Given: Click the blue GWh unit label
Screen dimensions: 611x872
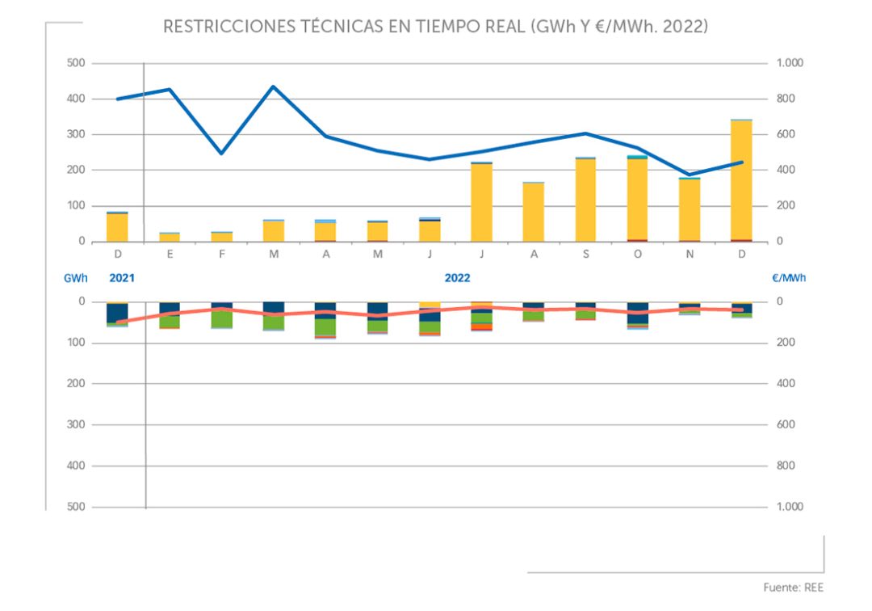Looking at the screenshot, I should [75, 277].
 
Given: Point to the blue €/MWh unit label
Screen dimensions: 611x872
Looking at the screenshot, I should [788, 277].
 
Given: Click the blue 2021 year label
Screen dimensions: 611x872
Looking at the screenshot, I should [121, 277].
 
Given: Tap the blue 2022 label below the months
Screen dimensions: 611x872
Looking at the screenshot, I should [457, 277].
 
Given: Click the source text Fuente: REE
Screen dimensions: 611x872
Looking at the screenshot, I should [794, 588].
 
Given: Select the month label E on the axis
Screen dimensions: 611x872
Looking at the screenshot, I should [170, 254].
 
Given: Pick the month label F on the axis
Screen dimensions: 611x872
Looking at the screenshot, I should [221, 254].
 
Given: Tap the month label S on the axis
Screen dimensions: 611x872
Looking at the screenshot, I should [585, 254].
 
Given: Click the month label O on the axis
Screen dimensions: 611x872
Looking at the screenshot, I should [638, 254].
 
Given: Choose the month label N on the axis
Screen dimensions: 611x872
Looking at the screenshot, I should [690, 254].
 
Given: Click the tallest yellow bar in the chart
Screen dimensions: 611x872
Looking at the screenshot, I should [741, 180].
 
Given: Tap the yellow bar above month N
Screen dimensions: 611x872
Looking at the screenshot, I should [690, 210].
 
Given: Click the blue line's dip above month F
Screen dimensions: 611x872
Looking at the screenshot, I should [221, 153].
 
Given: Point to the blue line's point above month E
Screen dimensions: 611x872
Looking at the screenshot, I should [170, 89].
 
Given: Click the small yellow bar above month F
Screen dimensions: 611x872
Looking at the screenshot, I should [221, 237].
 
